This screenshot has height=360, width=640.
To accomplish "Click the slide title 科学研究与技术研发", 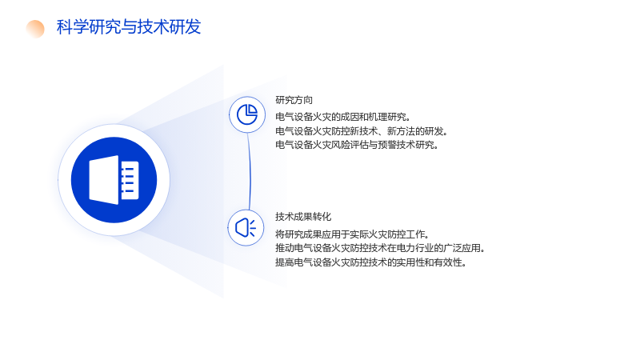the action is click(129, 27).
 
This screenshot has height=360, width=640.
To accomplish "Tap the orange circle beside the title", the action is click(35, 29).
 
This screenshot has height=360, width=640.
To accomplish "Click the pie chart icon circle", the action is click(247, 114).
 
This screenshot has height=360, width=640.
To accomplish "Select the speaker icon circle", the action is click(246, 228).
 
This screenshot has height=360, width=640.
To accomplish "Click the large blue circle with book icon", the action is click(114, 180).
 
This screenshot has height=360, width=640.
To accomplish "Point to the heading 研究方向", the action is click(294, 100).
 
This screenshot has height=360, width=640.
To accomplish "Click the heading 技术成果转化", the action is click(303, 216).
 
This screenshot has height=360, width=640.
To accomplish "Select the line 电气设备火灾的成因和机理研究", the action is click(343, 117).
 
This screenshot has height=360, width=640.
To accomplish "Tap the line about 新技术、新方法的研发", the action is click(362, 131).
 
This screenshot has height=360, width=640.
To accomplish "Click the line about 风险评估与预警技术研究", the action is click(357, 145).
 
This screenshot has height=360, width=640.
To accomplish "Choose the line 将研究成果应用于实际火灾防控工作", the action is click(353, 234).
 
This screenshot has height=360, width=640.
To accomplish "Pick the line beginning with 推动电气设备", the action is click(380, 248).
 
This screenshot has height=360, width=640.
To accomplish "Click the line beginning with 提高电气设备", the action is click(371, 262).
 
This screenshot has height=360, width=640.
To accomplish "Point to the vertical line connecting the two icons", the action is click(249, 171).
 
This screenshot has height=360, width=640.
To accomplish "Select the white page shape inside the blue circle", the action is click(104, 179).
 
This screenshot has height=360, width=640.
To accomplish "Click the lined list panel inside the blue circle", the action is click(130, 180).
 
